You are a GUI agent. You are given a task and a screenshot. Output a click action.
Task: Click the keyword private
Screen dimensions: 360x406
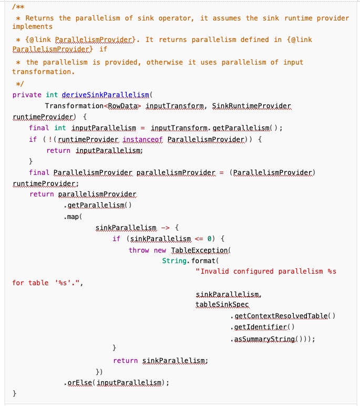click(27, 95)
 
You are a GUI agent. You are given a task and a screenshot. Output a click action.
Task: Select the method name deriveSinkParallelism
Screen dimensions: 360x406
click(105, 95)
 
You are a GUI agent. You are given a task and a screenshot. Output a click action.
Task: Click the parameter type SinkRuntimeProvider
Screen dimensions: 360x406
click(251, 106)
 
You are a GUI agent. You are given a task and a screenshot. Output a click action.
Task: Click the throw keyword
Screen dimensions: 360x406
click(139, 250)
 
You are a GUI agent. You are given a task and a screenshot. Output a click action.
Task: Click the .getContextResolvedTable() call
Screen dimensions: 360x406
click(282, 316)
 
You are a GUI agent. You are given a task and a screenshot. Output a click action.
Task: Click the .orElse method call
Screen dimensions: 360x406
click(79, 383)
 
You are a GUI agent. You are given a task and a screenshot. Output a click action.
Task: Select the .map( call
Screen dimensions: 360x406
click(74, 216)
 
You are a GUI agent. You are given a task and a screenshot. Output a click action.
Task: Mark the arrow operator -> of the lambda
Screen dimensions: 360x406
click(165, 227)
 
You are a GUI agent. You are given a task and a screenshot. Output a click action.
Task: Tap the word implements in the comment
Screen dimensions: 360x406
click(33, 26)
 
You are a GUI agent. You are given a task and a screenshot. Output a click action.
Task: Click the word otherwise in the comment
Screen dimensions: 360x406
click(165, 62)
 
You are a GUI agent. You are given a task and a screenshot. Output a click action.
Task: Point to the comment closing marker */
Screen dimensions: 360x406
click(19, 83)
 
